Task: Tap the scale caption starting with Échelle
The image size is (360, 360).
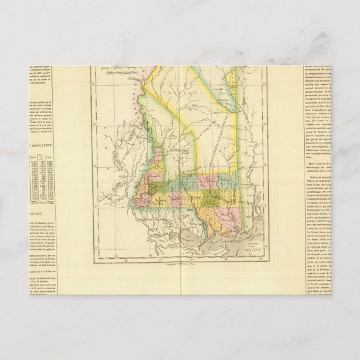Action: (124, 76)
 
